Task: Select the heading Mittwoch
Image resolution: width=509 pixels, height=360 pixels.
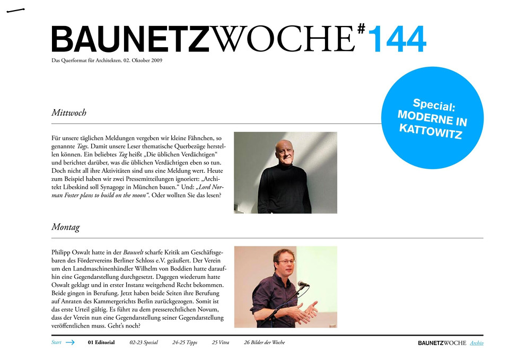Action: tap(69, 113)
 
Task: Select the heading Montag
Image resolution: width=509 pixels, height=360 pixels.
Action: tap(66, 227)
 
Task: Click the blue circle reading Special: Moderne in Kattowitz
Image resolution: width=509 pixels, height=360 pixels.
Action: tap(432, 117)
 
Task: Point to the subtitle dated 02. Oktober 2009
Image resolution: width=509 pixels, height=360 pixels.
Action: tap(107, 60)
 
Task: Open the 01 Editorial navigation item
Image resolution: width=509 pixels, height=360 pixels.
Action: tap(101, 343)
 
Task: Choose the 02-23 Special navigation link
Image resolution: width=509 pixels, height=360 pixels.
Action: tap(144, 343)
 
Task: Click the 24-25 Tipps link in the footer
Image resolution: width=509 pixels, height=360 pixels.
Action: tap(185, 343)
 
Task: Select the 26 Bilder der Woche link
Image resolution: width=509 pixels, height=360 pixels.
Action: tap(265, 343)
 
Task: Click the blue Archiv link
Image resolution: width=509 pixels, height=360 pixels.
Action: tap(477, 343)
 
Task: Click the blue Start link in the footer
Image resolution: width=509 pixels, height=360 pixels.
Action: tap(56, 343)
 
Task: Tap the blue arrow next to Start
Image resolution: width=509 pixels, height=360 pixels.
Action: tap(70, 343)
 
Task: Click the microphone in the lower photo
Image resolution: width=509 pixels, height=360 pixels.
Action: tap(303, 284)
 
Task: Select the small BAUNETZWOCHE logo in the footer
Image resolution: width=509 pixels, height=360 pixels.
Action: tap(442, 343)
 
